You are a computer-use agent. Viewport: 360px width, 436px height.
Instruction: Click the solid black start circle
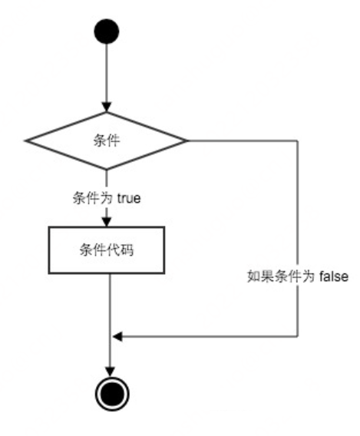[x=107, y=31]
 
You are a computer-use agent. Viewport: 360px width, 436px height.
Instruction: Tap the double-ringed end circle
[x=112, y=394]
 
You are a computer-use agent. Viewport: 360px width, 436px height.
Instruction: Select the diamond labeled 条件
[x=107, y=140]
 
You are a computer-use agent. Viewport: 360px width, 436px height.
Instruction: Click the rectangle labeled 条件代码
[x=107, y=250]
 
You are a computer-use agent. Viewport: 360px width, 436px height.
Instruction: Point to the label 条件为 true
[x=107, y=198]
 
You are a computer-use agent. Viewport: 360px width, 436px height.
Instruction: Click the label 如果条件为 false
[x=298, y=276]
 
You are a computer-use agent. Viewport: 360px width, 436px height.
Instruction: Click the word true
[x=129, y=198]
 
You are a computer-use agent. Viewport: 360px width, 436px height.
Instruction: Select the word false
[x=334, y=276]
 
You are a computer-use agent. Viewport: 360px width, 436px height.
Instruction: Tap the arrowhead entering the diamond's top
[x=107, y=107]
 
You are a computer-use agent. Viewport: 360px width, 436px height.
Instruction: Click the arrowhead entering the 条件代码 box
[x=107, y=222]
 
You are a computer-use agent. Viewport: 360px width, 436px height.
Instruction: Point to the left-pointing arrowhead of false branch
[x=117, y=336]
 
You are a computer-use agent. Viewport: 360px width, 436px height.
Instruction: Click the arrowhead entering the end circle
[x=111, y=372]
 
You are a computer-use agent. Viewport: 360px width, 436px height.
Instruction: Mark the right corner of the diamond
[x=187, y=140]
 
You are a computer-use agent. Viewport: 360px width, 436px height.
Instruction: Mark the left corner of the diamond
[x=25, y=140]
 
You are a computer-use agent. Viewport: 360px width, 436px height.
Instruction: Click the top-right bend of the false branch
[x=298, y=140]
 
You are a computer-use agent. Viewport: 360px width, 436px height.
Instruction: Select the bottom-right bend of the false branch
[x=298, y=336]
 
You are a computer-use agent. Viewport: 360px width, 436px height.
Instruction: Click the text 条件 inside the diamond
[x=107, y=140]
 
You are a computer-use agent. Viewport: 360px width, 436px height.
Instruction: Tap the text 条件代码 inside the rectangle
[x=107, y=249]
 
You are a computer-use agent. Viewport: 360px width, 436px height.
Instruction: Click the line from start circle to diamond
[x=107, y=73]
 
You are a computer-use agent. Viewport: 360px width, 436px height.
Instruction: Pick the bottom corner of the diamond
[x=107, y=169]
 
